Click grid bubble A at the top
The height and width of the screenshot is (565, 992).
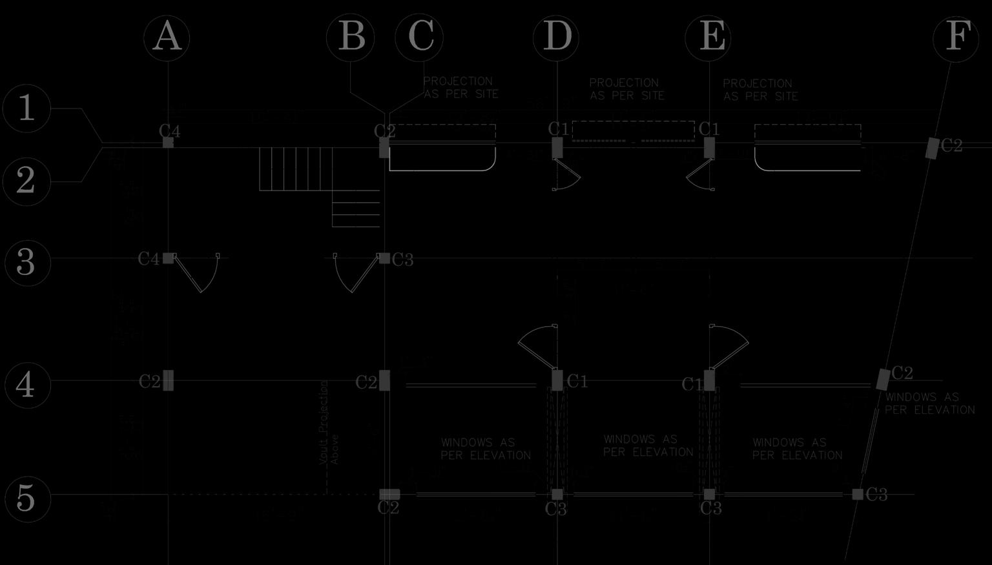[167, 37]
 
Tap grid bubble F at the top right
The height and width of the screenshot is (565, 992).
[956, 37]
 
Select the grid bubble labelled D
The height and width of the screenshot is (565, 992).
[556, 37]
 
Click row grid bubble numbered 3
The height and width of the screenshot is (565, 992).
[26, 262]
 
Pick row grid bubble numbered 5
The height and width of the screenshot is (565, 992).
[26, 498]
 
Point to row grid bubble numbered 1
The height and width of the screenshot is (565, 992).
[26, 108]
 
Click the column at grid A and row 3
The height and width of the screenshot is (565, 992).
[168, 258]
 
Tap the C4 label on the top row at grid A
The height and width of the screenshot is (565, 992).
[170, 131]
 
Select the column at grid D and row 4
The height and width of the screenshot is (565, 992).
[557, 380]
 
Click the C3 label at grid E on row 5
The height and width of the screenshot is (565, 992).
[711, 509]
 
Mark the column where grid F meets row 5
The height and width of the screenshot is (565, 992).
[858, 494]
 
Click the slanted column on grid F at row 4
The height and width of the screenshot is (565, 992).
[883, 379]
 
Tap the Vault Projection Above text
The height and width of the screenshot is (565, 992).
[329, 422]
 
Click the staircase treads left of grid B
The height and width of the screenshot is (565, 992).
[296, 169]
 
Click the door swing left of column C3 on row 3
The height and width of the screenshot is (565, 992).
[355, 272]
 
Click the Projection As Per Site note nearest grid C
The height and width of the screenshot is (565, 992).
[460, 88]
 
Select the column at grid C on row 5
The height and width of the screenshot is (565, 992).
[389, 494]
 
